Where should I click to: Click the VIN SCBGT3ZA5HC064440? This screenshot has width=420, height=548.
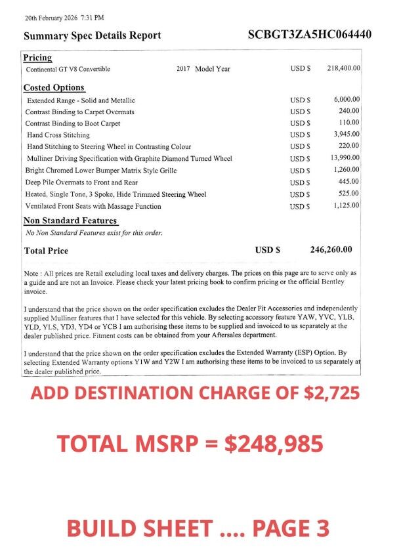click(310, 35)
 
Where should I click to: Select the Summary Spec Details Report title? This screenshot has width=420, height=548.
click(93, 35)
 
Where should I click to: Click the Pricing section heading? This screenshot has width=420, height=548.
click(37, 58)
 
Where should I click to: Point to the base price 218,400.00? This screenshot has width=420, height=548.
click(343, 69)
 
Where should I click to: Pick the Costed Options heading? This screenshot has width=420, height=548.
click(54, 87)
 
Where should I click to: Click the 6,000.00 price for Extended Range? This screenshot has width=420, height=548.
click(346, 100)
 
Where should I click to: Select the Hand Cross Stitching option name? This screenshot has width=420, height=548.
click(58, 135)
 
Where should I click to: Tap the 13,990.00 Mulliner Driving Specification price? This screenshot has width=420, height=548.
click(345, 158)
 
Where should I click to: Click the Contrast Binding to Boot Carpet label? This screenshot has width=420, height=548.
click(73, 123)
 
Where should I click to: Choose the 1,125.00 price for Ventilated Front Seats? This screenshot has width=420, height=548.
click(346, 206)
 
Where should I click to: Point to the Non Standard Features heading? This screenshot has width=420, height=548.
click(70, 221)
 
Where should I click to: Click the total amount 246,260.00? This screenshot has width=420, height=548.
click(331, 249)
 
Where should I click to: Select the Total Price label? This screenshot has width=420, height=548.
click(46, 251)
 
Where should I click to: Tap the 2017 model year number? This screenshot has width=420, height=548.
click(183, 69)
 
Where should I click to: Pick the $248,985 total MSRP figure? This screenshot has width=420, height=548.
click(274, 444)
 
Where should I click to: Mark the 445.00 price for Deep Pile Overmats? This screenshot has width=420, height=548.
click(348, 182)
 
